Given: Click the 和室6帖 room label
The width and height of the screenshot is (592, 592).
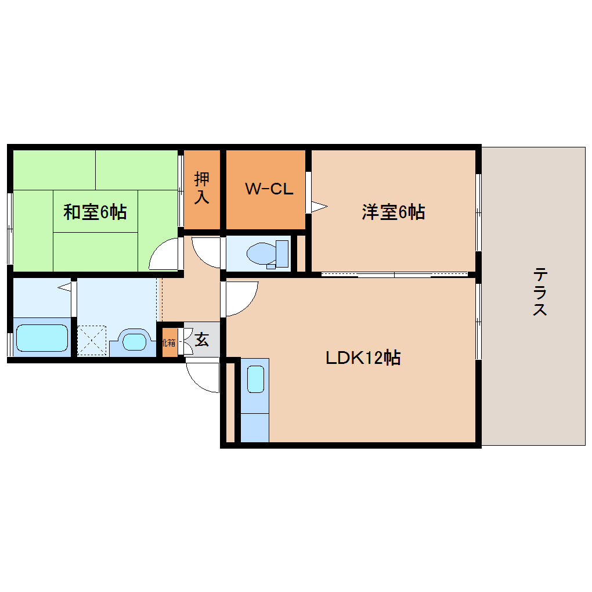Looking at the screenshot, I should pyautogui.click(x=95, y=212).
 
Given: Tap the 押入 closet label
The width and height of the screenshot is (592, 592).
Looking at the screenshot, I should pyautogui.click(x=201, y=187).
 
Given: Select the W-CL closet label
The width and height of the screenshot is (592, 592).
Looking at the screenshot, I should pyautogui.click(x=269, y=189).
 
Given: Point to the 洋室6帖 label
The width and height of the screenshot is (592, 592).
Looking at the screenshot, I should pyautogui.click(x=393, y=212).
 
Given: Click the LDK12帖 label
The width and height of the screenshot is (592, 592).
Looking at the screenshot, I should pyautogui.click(x=363, y=358).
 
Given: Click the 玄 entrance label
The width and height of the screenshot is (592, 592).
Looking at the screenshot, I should pyautogui.click(x=201, y=340).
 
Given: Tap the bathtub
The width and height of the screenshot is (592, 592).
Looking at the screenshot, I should pyautogui.click(x=42, y=338).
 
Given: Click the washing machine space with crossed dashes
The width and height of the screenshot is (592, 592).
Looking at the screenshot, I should pyautogui.click(x=92, y=340).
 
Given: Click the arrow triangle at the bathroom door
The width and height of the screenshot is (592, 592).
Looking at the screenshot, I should pyautogui.click(x=65, y=287).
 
